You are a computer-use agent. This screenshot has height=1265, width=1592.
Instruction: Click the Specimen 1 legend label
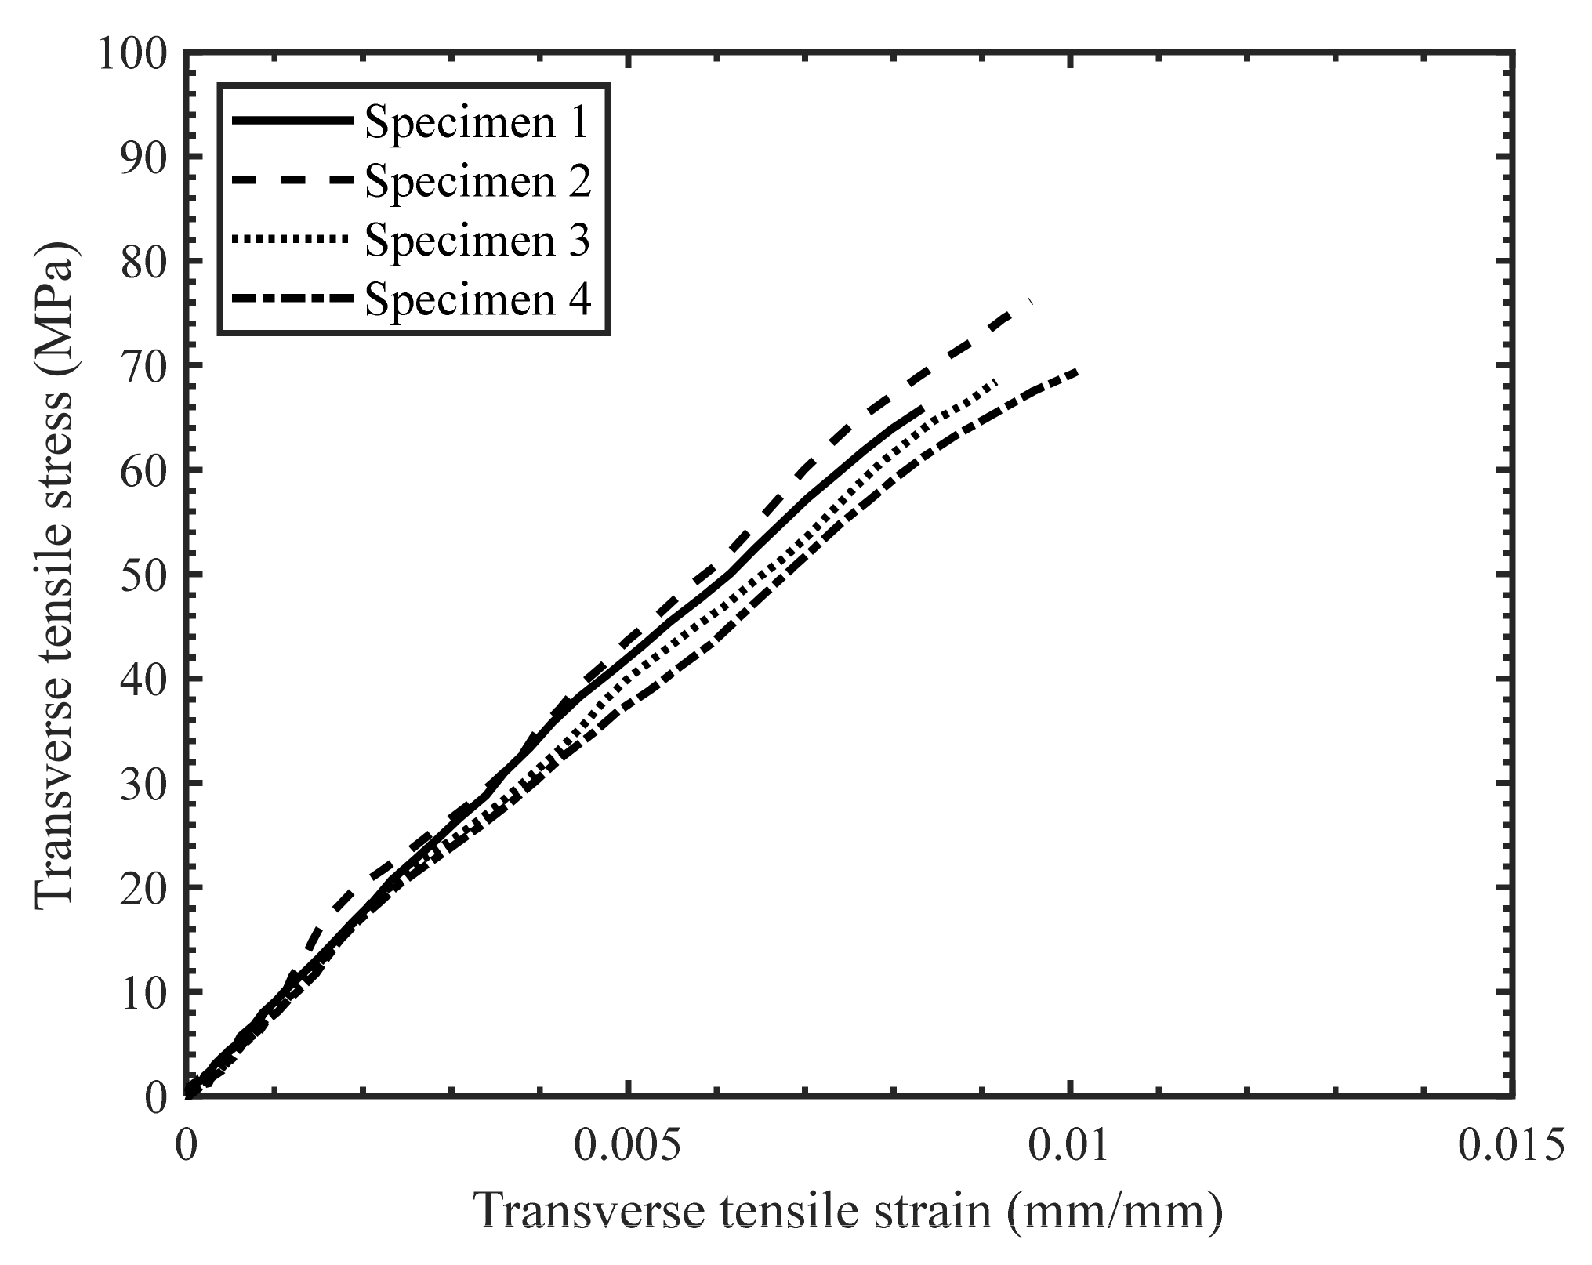pos(477,123)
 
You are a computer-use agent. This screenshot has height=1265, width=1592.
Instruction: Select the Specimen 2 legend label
pos(477,182)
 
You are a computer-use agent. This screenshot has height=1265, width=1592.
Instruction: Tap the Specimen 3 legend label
pos(477,240)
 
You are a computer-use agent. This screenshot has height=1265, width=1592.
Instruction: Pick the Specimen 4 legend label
pos(477,299)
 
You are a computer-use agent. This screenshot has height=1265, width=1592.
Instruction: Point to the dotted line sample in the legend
pos(291,238)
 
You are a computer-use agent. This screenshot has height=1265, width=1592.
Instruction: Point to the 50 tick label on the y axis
pos(144,575)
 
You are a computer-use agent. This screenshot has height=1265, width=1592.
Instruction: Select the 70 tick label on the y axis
pos(144,366)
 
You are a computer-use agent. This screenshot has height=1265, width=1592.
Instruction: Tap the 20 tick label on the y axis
pos(144,889)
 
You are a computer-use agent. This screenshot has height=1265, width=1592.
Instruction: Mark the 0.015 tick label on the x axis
pos(1511,1146)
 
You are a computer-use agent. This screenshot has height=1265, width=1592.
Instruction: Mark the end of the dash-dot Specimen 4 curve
pos(1077,371)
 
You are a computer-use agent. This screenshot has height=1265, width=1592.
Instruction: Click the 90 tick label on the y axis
pos(144,158)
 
